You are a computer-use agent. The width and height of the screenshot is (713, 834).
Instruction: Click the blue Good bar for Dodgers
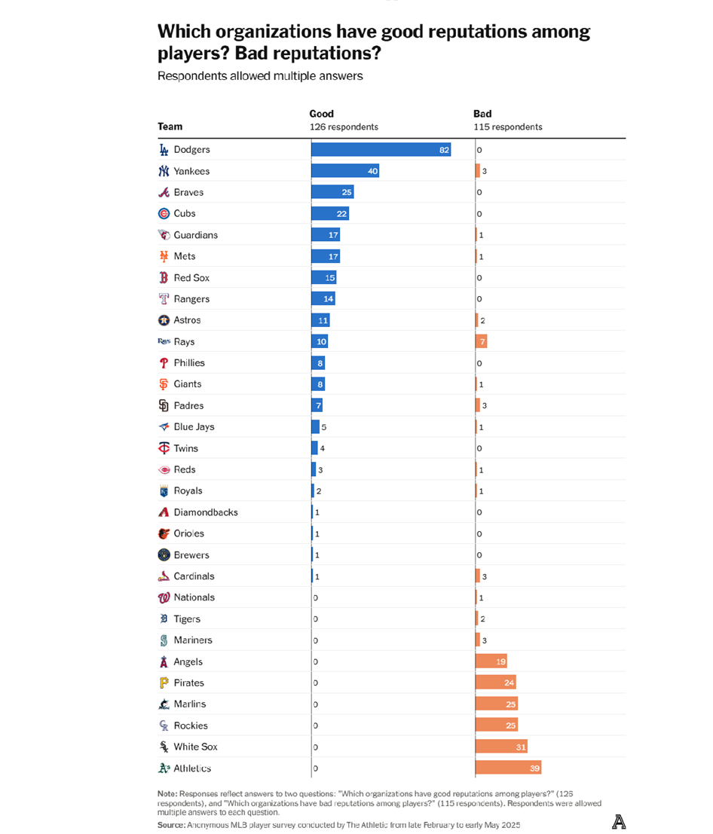point(381,150)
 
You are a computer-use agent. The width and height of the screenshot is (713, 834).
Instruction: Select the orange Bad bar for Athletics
point(508,768)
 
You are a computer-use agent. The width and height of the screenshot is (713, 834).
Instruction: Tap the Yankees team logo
point(164,171)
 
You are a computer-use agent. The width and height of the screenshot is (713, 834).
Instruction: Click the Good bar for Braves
point(332,192)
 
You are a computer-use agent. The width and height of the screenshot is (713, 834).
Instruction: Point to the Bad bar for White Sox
point(501,747)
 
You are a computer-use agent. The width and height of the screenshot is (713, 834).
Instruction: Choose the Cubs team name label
point(185,213)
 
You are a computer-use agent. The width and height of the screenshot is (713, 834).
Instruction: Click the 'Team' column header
point(170,127)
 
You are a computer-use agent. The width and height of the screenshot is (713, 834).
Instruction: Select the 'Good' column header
point(322,114)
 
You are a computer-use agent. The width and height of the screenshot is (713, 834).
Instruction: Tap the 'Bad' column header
point(482,114)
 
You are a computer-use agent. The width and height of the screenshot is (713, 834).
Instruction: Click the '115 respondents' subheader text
point(507,127)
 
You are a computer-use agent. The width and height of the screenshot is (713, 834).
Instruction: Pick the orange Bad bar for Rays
point(481,341)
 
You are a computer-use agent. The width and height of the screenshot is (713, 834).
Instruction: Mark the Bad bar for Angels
point(491,661)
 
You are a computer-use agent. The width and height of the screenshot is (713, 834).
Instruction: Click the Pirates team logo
point(164,683)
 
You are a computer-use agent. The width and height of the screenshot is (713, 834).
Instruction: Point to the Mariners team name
point(193,640)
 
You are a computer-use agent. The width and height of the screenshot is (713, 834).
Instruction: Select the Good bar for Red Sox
point(324,277)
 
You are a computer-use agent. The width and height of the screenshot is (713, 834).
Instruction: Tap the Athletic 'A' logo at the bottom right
point(618,822)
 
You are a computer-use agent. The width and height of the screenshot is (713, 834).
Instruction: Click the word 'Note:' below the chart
point(167,794)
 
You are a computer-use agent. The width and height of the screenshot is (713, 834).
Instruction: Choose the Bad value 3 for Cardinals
point(485,576)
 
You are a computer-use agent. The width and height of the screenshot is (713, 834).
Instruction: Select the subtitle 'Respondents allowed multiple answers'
point(260,76)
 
